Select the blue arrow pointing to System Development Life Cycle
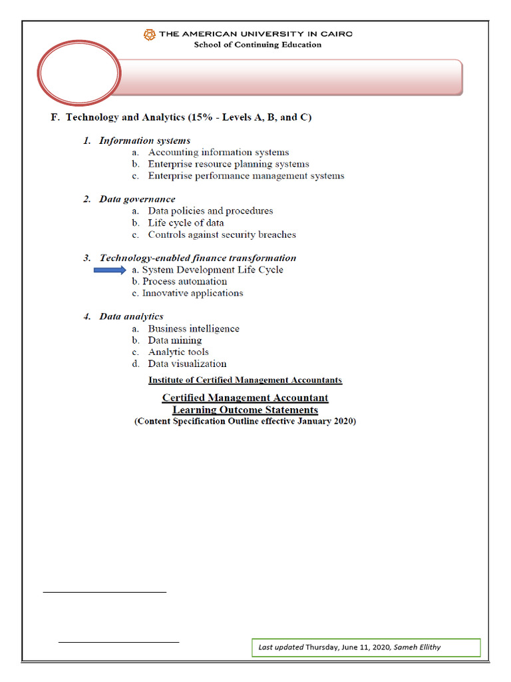pos(110,270)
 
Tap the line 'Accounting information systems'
pos(218,153)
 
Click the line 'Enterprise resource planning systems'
pos(228,164)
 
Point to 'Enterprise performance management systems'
pos(246,176)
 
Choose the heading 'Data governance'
pos(137,199)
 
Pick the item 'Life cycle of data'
pos(186,222)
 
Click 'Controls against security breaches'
pos(222,234)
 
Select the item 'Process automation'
pos(184,281)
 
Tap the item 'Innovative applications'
pos(192,293)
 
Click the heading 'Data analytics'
pos(131,316)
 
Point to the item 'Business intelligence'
pos(194,328)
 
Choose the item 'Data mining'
pos(175,340)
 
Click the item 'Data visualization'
pos(187,364)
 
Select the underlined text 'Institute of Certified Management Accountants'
pos(245,380)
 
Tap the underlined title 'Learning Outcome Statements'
pos(245,410)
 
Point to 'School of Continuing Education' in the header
pos(257,45)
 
